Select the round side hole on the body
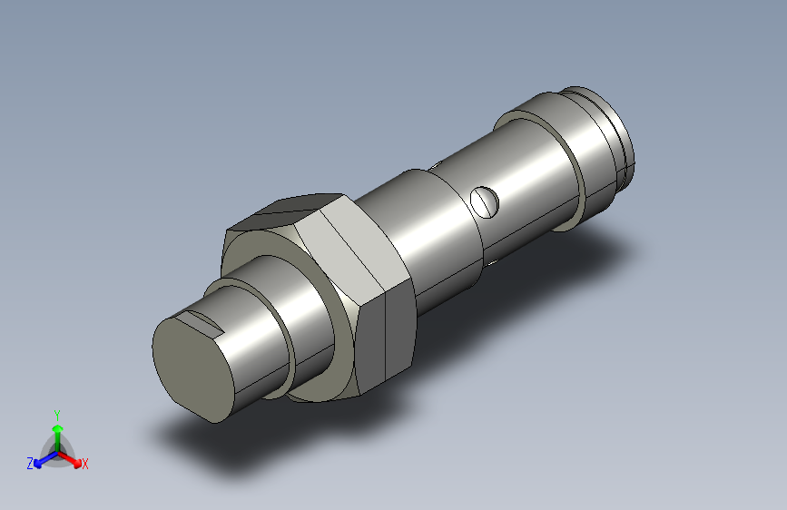486,201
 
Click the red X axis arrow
74,459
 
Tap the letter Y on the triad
57,413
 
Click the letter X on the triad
85,465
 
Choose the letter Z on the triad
30,463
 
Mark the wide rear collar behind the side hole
545,159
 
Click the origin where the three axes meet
57,451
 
